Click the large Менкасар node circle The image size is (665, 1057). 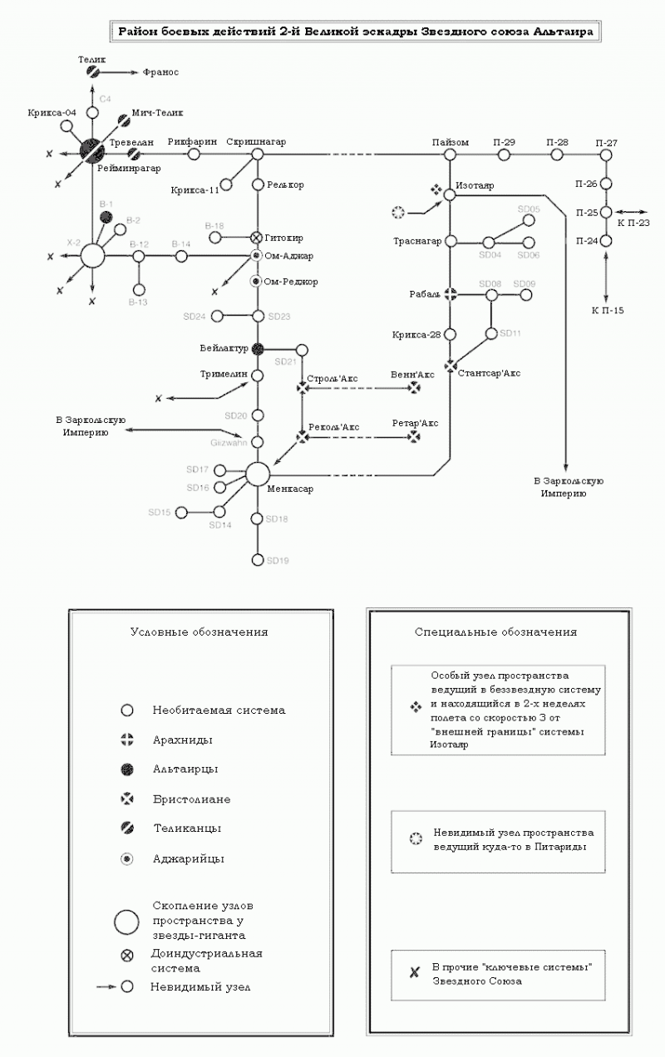258,473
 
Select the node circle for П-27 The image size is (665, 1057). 606,155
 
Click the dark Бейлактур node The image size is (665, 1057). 258,348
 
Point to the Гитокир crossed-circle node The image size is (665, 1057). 258,238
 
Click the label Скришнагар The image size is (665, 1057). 256,142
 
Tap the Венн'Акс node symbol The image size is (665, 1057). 414,387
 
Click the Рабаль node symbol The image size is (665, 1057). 450,294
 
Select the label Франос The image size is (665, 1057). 160,73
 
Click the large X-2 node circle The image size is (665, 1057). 92,256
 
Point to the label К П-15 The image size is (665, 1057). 607,311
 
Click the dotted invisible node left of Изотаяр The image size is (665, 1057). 397,213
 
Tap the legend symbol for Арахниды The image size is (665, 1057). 127,740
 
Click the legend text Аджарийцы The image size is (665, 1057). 188,858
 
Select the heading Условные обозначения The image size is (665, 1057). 199,632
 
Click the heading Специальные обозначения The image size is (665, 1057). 495,632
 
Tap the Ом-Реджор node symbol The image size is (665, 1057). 258,282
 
